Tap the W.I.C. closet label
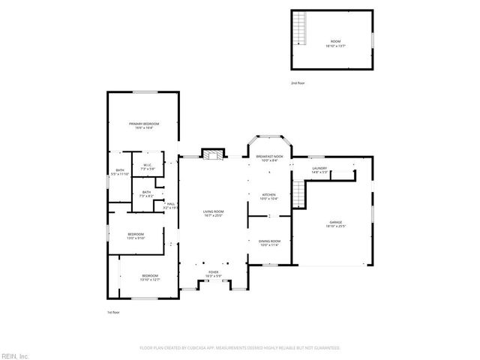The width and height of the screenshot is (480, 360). coord(148,165)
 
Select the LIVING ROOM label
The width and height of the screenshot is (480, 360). coord(214,212)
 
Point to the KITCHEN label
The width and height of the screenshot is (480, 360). coord(268,195)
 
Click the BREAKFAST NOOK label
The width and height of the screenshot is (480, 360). coord(268,156)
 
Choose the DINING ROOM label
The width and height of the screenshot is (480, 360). coord(268,241)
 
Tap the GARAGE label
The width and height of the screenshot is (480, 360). coord(335,223)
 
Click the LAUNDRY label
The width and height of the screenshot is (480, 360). coord(319,168)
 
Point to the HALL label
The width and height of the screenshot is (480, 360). coord(171,204)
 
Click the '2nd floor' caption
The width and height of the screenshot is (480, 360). coord(298,83)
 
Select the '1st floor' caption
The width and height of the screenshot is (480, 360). coord(113,312)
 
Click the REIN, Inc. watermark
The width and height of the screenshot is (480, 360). coord(15,355)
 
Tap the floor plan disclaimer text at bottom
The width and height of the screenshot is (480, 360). coord(240,348)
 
